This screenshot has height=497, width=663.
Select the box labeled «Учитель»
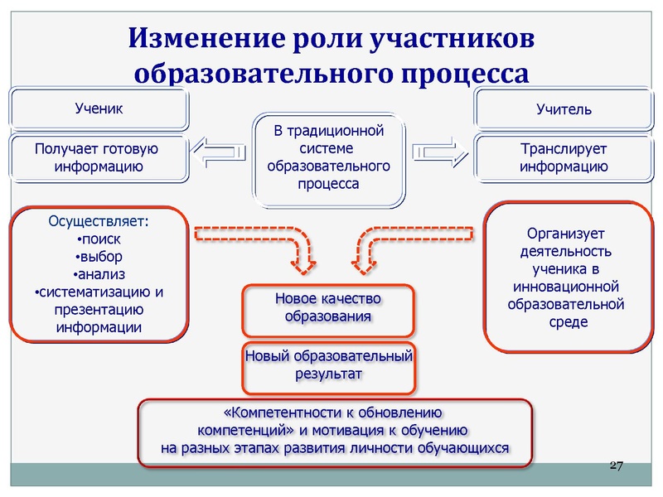[564, 109]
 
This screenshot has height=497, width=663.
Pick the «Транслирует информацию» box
[564, 157]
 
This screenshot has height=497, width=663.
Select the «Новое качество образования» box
[327, 306]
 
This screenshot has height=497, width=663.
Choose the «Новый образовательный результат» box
[328, 366]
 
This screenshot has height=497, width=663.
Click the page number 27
[615, 465]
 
